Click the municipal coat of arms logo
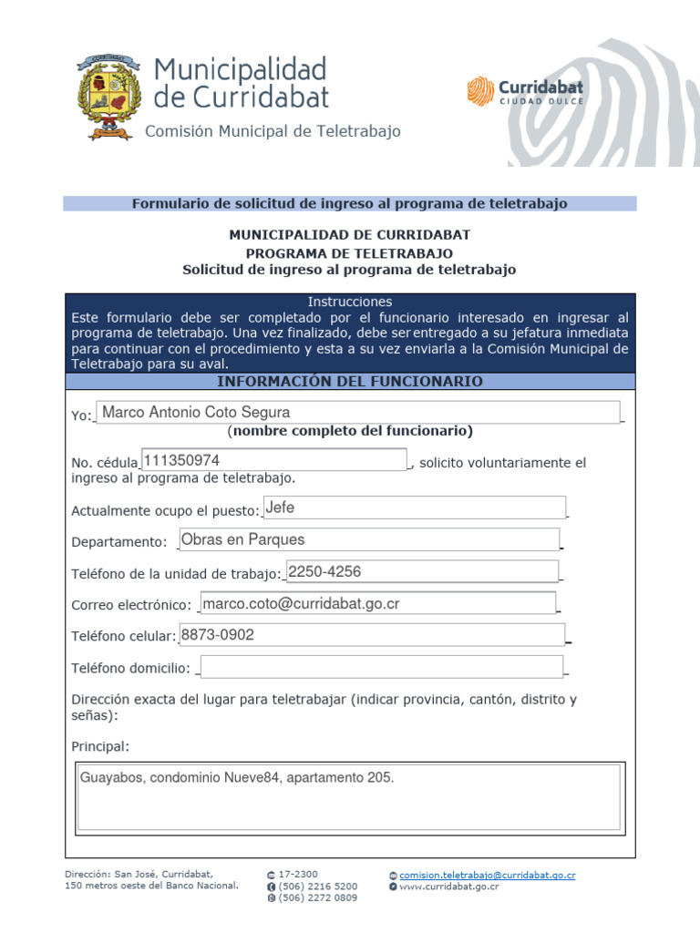(109, 97)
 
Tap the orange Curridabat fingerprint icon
(480, 91)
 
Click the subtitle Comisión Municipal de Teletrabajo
(273, 132)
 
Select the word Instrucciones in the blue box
(350, 302)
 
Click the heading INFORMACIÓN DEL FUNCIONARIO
(350, 381)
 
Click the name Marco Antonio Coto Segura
(196, 413)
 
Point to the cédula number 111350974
(181, 460)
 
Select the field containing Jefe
(415, 508)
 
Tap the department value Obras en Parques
(243, 539)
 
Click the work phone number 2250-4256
(324, 571)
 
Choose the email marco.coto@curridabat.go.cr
(301, 603)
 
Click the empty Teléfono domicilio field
(381, 667)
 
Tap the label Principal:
(100, 747)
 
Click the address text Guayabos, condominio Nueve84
(237, 778)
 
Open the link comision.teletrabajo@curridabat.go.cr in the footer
(488, 875)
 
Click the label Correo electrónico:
(131, 605)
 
